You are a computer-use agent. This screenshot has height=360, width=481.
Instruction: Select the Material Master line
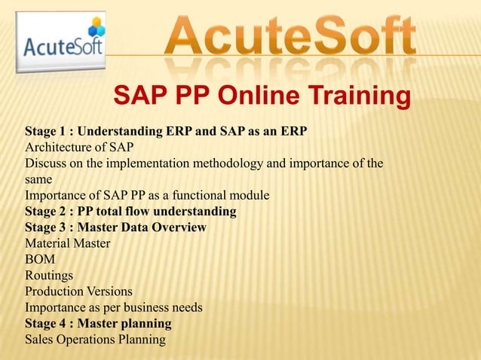[67, 244]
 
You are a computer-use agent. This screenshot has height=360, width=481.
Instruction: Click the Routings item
[49, 276]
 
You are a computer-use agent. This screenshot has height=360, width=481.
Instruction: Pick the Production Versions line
[78, 291]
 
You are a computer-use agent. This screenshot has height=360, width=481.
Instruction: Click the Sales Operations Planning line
[95, 340]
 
